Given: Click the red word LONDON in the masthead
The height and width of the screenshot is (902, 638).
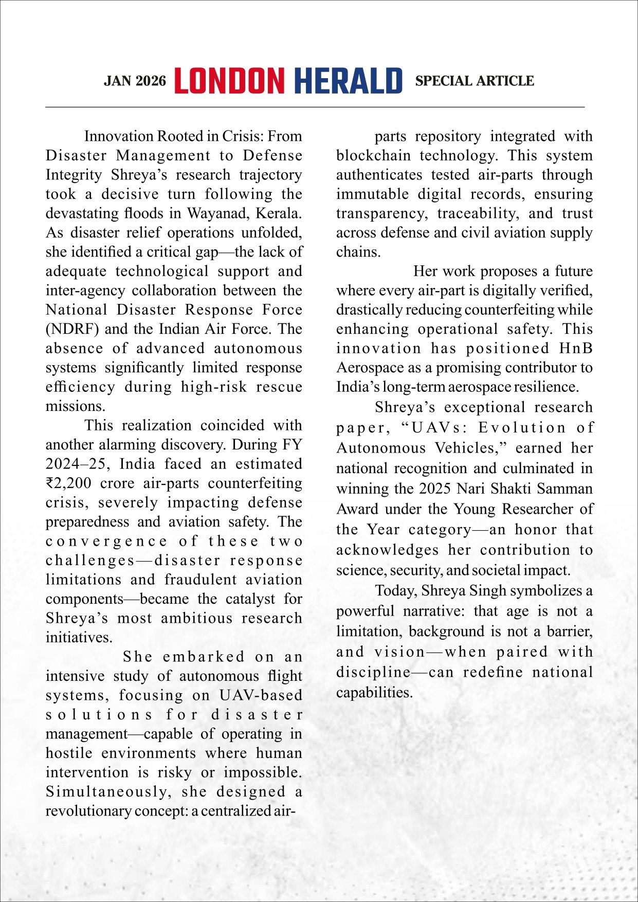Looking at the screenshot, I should tap(229, 81).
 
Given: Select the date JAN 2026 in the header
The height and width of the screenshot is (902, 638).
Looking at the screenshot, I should tap(135, 81).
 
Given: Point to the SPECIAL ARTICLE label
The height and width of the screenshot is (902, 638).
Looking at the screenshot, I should tap(475, 81).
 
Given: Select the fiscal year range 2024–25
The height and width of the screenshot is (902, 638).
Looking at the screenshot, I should tap(76, 464).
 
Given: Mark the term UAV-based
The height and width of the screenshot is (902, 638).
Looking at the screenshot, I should tap(261, 695).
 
